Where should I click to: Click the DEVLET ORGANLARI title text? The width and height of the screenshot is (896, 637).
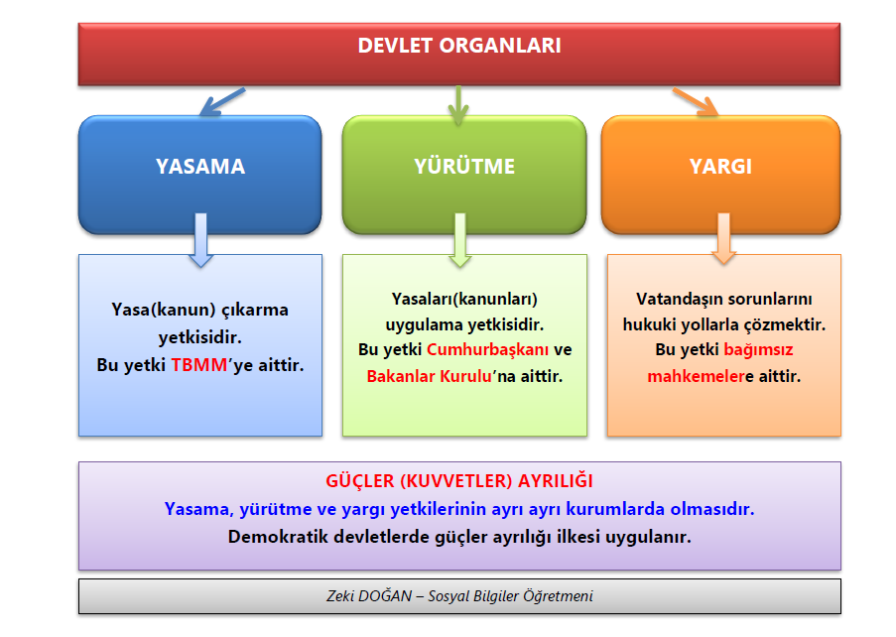tap(458, 46)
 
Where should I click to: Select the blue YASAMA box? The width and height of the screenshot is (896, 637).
tap(199, 167)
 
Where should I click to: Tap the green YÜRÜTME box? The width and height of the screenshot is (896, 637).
tap(464, 167)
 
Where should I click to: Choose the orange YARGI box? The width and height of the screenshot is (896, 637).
tap(720, 167)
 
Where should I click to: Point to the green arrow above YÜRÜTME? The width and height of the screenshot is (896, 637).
tap(457, 105)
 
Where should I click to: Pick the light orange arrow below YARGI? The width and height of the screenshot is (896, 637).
tap(723, 240)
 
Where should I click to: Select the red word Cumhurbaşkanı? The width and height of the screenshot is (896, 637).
tap(487, 350)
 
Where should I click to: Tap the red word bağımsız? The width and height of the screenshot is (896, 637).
tap(758, 350)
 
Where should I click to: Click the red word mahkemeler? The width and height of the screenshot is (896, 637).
tap(693, 377)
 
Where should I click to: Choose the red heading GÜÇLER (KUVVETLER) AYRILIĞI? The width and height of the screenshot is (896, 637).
tap(458, 481)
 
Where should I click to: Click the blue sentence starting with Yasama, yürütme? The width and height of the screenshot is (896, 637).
tap(458, 509)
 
